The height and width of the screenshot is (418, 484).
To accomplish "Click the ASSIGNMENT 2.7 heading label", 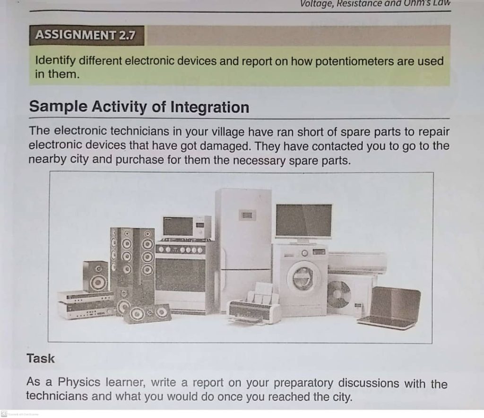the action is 85,35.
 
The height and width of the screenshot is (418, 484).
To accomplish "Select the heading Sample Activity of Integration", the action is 139,107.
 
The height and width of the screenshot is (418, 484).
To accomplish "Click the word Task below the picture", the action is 41,359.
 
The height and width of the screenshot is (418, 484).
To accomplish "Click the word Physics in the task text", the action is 79,382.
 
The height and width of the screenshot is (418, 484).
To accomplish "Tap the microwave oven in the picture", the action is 187,227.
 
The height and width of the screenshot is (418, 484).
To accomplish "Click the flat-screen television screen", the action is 304,220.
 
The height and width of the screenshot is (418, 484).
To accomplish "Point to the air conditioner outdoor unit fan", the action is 338,294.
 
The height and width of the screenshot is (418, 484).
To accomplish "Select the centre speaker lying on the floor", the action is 147,313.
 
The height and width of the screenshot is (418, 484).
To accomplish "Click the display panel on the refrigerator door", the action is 247,215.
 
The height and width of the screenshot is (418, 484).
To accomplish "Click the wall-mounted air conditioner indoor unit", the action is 357,263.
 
